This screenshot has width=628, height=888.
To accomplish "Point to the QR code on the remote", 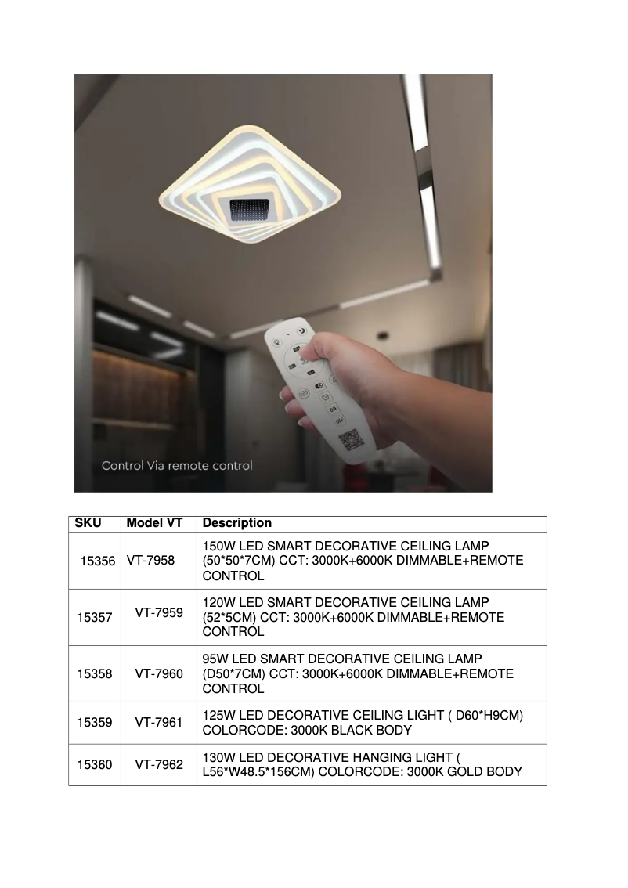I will click(x=350, y=439).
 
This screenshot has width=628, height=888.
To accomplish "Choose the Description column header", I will click(x=237, y=523).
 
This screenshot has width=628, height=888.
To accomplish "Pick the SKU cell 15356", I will click(x=98, y=561).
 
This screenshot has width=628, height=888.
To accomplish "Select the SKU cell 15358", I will click(x=95, y=673).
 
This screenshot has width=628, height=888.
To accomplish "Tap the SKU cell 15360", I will click(x=95, y=765).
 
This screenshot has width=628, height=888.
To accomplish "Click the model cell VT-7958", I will click(x=150, y=561).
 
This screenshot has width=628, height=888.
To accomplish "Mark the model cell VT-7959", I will click(x=159, y=612).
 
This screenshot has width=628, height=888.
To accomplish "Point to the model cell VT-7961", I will click(x=159, y=722).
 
